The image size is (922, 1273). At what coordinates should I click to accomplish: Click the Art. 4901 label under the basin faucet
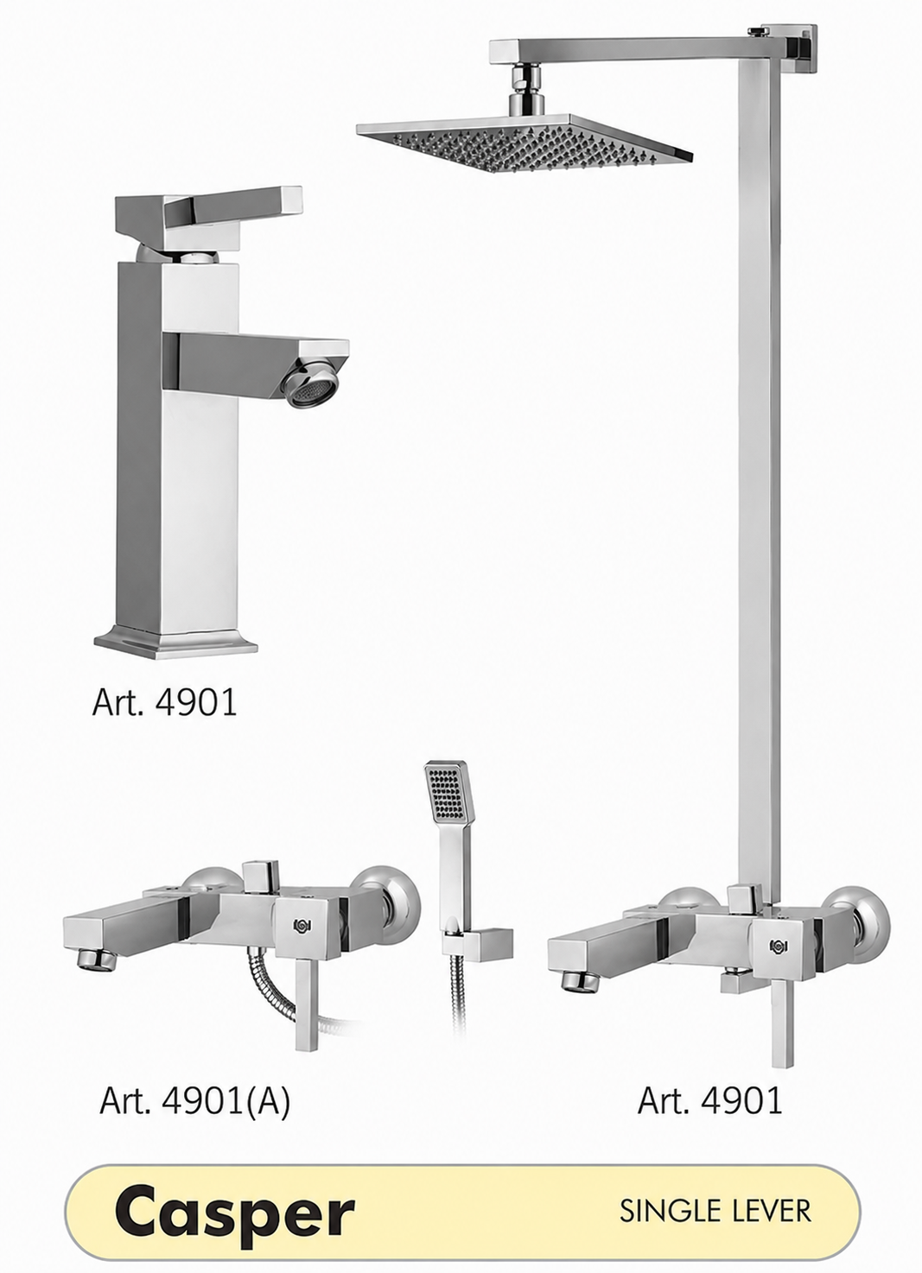[x=164, y=703]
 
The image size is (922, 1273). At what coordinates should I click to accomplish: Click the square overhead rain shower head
[x=525, y=142]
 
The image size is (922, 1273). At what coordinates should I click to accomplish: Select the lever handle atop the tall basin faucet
[x=208, y=214]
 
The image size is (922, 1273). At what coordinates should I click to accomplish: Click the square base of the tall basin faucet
[x=176, y=644]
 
